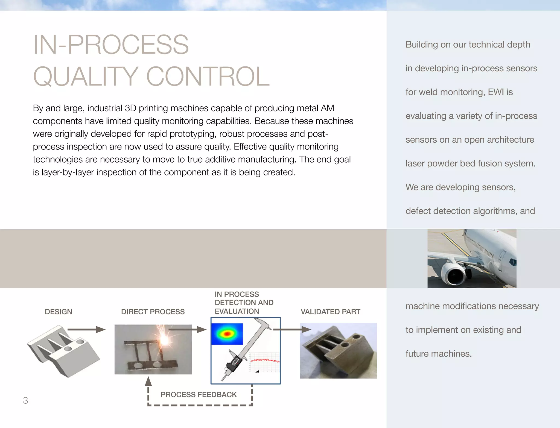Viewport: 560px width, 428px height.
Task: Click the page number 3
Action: (25, 400)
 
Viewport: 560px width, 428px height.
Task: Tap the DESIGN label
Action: (58, 312)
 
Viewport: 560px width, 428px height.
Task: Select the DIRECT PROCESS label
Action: (153, 312)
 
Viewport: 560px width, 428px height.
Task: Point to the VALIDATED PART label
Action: (330, 312)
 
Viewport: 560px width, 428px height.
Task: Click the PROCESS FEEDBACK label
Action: (199, 394)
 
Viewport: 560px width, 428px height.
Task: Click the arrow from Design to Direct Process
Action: (86, 330)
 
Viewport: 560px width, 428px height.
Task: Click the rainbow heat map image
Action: (227, 334)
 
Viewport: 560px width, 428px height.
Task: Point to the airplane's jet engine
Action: (454, 275)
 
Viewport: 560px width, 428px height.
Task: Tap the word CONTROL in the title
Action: (208, 77)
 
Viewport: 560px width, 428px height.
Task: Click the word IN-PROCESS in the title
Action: (111, 45)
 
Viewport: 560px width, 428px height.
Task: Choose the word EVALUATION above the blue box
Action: (237, 311)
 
